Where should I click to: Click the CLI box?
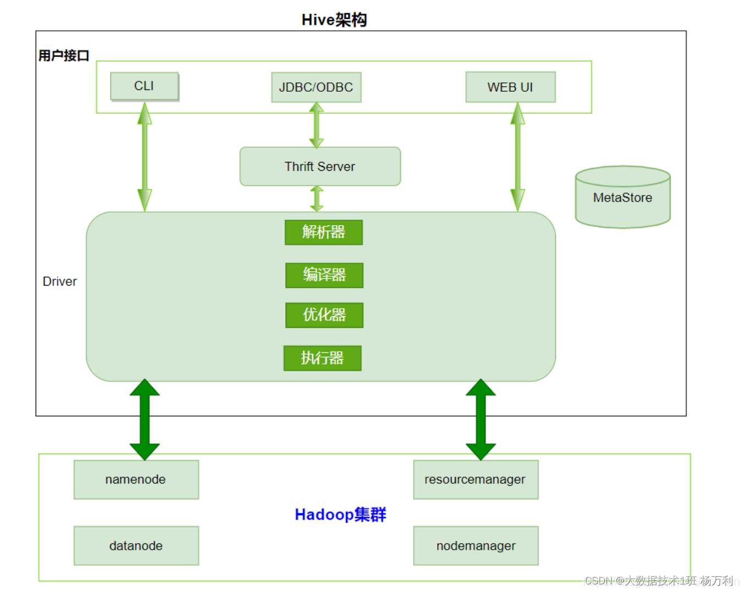pos(144,86)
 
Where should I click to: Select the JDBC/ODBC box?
pos(316,87)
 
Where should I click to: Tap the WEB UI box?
pos(510,87)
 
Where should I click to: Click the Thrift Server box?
pos(320,166)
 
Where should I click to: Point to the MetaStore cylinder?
pos(622,198)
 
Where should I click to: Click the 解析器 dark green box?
pos(324,232)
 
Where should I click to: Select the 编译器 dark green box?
pos(324,275)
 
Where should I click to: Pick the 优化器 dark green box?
pos(324,315)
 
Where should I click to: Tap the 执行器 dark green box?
pos(322,358)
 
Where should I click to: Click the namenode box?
pos(136,480)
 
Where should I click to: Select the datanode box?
pos(136,546)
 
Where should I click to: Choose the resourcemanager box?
pos(475,480)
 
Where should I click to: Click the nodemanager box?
pos(475,546)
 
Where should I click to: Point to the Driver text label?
pos(60,282)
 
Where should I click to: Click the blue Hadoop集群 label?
pos(341,515)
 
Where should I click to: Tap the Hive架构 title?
pos(334,20)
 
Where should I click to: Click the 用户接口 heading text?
pos(64,56)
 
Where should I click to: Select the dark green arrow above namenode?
pos(144,419)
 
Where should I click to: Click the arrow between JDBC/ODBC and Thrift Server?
pos(316,125)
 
